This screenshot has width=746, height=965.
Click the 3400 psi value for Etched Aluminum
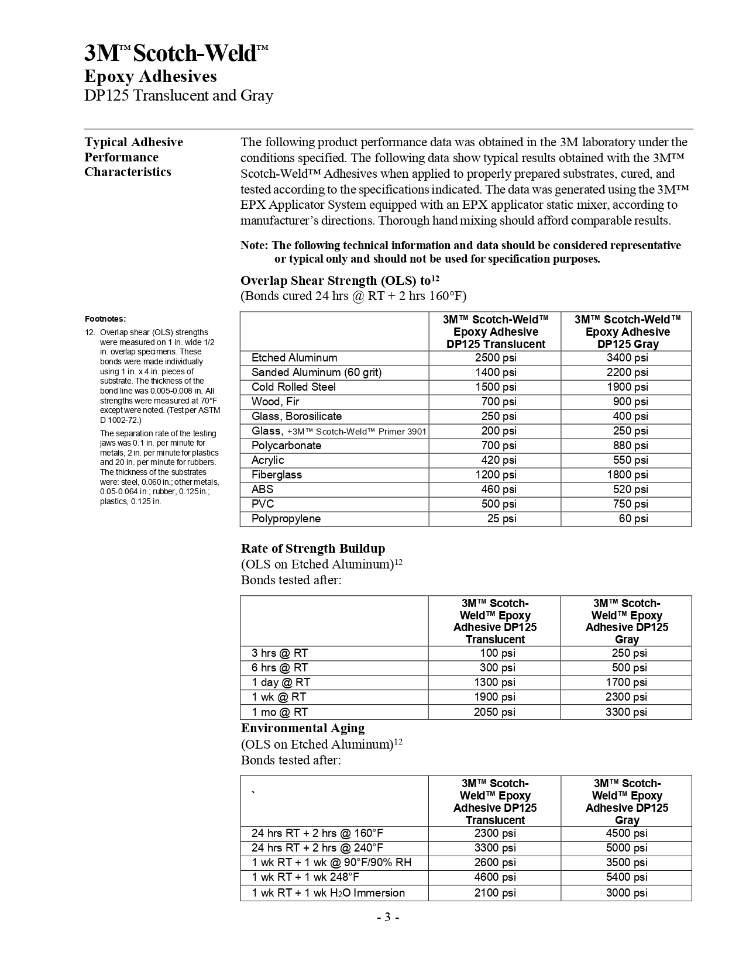tap(627, 358)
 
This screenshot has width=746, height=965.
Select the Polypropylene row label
tap(286, 519)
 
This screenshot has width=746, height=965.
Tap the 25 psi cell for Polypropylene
tap(501, 519)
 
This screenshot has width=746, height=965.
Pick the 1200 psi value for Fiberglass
tap(495, 475)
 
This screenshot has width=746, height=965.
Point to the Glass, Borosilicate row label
tap(296, 416)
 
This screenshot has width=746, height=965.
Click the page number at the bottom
tap(387, 917)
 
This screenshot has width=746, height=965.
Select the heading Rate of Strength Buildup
tap(313, 549)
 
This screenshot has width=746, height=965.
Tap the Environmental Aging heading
tap(302, 728)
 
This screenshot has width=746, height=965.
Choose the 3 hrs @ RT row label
tap(280, 653)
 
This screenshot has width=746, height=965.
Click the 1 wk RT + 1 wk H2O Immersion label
tap(328, 893)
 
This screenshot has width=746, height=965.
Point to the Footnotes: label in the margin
tap(105, 319)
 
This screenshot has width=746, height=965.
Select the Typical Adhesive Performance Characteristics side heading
tap(133, 157)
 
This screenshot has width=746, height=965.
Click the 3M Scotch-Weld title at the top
tap(176, 53)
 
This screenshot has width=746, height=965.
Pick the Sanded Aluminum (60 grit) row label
tap(316, 373)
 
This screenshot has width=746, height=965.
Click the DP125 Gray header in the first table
tap(627, 332)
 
